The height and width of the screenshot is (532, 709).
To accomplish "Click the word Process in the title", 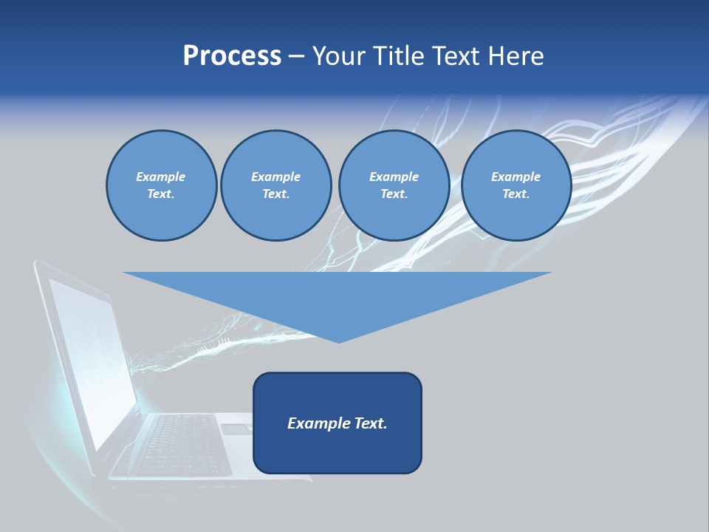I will [x=232, y=56].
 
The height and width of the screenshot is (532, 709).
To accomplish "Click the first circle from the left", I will [x=162, y=185].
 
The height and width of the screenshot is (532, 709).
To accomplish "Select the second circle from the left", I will [x=276, y=185].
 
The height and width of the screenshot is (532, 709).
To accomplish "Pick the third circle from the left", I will [x=394, y=185].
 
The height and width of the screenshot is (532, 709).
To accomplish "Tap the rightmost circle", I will [x=516, y=185].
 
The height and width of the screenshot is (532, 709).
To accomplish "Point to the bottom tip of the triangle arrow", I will [x=338, y=341].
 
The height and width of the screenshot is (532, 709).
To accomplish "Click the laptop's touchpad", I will [x=236, y=429].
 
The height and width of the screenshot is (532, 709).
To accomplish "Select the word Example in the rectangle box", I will [x=319, y=423].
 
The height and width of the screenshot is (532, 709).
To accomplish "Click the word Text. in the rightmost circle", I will [x=516, y=194].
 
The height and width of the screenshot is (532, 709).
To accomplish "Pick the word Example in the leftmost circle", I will [x=161, y=177].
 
